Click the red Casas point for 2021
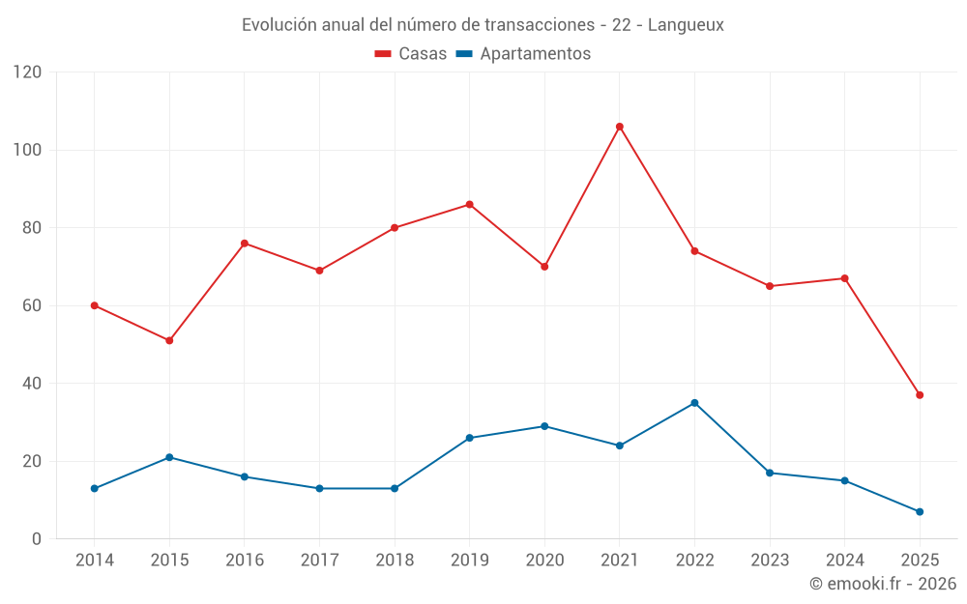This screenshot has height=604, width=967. point(620,127)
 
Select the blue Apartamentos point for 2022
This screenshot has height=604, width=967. point(694,403)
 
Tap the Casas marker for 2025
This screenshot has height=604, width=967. point(920,395)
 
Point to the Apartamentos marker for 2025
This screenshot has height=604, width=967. point(920,511)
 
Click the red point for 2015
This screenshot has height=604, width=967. point(169,340)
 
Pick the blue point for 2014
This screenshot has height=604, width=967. point(95,488)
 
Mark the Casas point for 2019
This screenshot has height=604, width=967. point(469,205)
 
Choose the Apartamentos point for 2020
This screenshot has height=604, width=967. point(544,426)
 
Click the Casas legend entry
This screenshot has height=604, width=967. point(411,54)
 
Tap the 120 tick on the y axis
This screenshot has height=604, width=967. point(28,72)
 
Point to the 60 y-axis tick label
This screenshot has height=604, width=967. point(32,305)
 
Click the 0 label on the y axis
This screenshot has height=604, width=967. point(37,539)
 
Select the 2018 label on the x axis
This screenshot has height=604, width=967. point(395,561)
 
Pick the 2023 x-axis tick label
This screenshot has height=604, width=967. point(770,561)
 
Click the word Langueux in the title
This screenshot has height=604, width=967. point(686,24)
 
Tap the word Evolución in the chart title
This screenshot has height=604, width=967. point(279,24)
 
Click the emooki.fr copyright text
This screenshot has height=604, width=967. point(883,584)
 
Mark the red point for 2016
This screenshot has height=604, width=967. point(245,244)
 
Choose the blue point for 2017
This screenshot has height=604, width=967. point(319,488)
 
